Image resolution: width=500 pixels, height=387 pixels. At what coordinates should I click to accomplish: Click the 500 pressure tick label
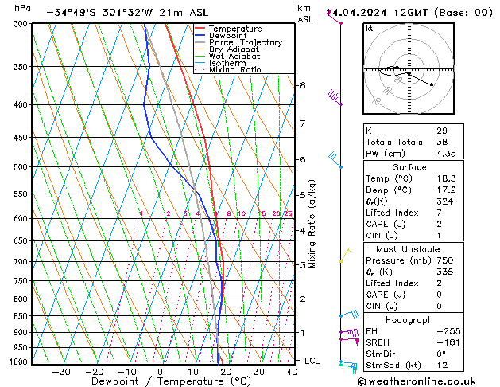pyautogui.click(x=21, y=167)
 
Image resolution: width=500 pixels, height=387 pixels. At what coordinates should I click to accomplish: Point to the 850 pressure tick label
pyautogui.click(x=21, y=316)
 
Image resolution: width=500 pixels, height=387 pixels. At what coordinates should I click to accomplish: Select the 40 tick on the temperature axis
pyautogui.click(x=293, y=371)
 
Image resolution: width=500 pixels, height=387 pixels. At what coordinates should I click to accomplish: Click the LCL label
pyautogui.click(x=312, y=361)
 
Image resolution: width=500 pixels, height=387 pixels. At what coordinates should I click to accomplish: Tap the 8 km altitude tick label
pyautogui.click(x=302, y=85)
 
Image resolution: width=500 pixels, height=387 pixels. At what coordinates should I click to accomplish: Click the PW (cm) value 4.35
pyautogui.click(x=447, y=154)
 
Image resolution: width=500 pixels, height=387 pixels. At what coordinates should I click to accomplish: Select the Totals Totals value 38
pyautogui.click(x=441, y=142)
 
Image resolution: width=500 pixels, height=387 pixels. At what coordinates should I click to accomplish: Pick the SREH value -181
pyautogui.click(x=445, y=342)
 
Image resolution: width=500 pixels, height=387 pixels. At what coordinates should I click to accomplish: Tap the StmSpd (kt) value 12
pyautogui.click(x=441, y=366)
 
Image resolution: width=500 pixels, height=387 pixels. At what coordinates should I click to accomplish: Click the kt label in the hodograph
pyautogui.click(x=370, y=28)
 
